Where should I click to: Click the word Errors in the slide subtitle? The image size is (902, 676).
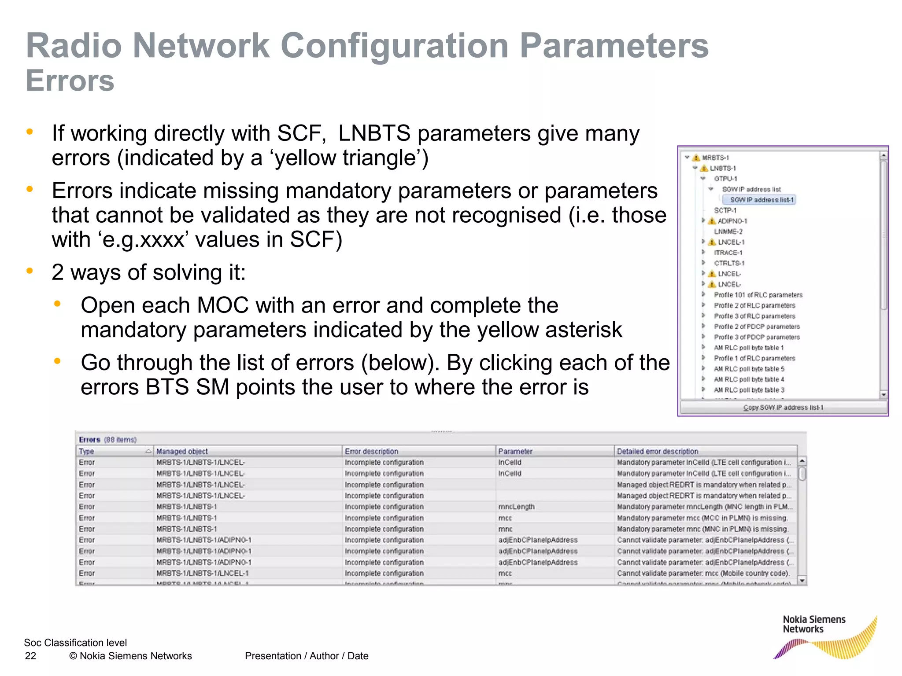point(70,81)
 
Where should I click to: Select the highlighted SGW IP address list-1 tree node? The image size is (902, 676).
point(762,200)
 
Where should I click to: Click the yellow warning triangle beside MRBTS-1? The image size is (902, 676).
point(696,158)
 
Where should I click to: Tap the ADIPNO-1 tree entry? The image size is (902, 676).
point(732,221)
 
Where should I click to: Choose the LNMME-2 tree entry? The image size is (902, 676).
point(728,231)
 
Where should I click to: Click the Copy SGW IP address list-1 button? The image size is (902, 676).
point(783,408)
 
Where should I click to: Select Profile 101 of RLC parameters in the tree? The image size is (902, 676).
point(758,295)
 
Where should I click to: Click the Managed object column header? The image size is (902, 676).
point(182,451)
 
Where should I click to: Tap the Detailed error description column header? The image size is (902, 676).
point(657,451)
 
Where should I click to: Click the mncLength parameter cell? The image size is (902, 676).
point(516,507)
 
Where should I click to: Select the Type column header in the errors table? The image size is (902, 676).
point(87,451)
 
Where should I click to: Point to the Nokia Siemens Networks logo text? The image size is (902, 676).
point(814,624)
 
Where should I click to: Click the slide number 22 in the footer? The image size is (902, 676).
point(30,656)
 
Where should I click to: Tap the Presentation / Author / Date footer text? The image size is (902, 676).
point(307,656)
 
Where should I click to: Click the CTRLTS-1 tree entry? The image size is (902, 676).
point(729,263)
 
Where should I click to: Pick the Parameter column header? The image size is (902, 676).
point(515,451)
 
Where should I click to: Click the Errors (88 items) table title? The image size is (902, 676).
point(107,439)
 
